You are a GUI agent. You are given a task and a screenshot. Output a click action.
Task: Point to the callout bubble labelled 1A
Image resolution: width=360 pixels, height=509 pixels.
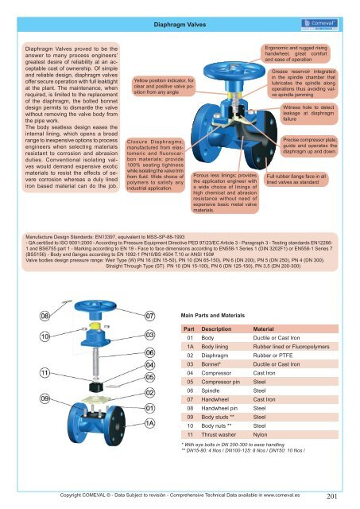point(149,423)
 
